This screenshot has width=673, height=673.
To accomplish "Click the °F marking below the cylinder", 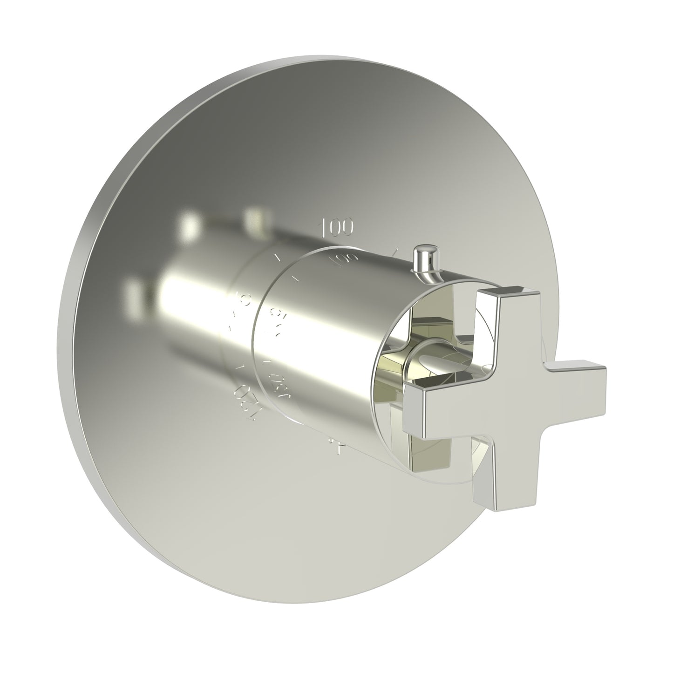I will click(x=336, y=449).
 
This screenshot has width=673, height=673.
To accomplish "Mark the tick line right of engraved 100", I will click(x=394, y=252).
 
